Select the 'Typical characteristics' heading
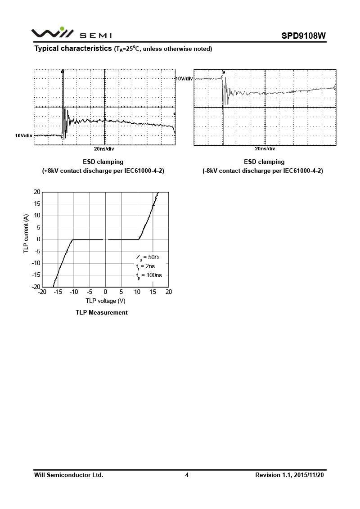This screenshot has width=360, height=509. (x=73, y=49)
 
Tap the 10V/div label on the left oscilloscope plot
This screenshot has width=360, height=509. (x=23, y=135)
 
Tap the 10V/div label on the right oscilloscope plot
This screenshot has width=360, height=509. (x=184, y=79)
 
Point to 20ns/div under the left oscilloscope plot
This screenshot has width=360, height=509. (x=104, y=149)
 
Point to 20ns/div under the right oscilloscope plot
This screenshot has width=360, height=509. (x=265, y=149)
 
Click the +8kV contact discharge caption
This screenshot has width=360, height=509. (x=103, y=171)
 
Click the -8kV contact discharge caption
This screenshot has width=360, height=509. (x=264, y=171)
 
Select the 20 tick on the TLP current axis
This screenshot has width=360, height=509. (x=37, y=192)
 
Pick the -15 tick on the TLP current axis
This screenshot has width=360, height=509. (x=36, y=275)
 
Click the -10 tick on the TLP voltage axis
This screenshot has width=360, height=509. (x=74, y=292)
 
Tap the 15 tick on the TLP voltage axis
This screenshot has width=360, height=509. (x=153, y=292)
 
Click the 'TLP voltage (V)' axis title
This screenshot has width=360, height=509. (x=105, y=301)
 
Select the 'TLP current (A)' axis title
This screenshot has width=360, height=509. (x=26, y=239)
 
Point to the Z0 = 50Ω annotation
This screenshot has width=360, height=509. (x=147, y=257)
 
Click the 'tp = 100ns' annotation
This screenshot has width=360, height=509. (x=148, y=275)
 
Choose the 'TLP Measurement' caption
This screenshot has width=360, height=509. (x=102, y=312)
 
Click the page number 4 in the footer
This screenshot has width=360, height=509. (x=187, y=475)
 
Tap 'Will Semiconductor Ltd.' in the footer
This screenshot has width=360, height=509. (x=68, y=475)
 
